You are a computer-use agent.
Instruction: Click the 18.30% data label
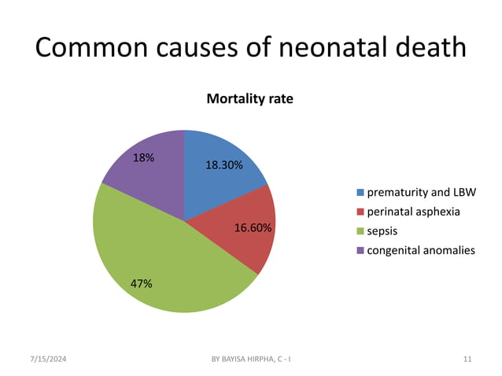[224, 166]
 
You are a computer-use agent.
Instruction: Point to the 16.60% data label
[253, 228]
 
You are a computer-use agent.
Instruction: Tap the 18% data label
[143, 157]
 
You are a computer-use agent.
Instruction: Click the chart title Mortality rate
[249, 99]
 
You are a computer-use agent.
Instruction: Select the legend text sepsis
[383, 231]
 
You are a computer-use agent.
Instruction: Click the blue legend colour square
[361, 193]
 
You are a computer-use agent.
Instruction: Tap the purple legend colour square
[361, 250]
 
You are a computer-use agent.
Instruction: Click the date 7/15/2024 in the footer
[49, 359]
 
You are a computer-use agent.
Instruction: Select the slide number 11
[467, 359]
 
